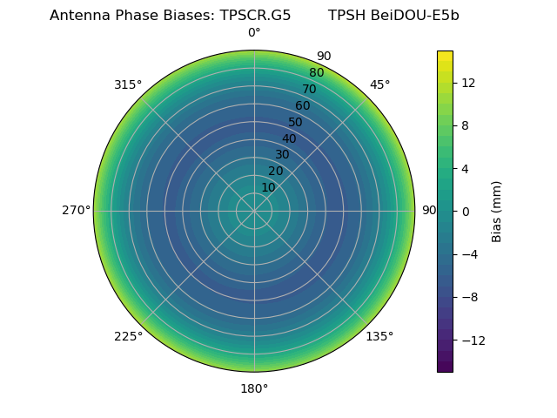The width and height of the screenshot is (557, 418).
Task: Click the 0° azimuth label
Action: (x=254, y=33)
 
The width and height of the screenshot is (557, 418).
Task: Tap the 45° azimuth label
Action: (x=379, y=84)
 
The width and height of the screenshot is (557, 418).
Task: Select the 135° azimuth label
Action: (x=379, y=336)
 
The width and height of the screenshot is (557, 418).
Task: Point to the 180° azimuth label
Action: (x=254, y=388)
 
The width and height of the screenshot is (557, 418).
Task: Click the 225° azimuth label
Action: (x=128, y=336)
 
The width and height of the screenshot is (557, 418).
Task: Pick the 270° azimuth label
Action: (x=76, y=210)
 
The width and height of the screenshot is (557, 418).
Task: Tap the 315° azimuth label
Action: (x=128, y=84)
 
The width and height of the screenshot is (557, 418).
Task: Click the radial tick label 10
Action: (x=268, y=187)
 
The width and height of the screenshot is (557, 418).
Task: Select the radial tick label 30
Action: (x=282, y=154)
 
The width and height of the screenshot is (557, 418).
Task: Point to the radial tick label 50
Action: (x=296, y=122)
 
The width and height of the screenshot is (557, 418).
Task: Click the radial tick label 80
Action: (x=316, y=72)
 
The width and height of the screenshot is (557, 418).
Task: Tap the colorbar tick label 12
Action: (x=467, y=83)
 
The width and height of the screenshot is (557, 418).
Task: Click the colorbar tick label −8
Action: (x=467, y=297)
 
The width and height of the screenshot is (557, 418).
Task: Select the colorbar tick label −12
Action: (x=467, y=340)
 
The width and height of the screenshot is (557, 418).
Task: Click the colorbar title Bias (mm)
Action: (x=497, y=211)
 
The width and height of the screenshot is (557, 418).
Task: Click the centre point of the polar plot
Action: (x=254, y=211)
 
